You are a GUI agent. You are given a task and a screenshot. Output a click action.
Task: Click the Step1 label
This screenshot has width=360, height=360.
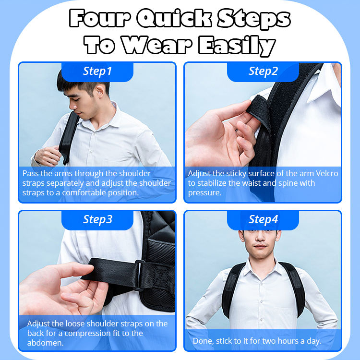click(97, 71)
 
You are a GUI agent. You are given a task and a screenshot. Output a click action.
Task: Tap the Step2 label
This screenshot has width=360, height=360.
click(263, 71)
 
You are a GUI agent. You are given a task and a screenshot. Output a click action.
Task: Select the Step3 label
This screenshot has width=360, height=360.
click(97, 219)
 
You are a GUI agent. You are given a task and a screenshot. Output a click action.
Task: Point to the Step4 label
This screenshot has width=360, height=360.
click(263, 219)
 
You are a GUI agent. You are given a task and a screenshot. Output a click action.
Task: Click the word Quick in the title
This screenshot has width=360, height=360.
click(174, 18)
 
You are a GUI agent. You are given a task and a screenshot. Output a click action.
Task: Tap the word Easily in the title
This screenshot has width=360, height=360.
click(237, 46)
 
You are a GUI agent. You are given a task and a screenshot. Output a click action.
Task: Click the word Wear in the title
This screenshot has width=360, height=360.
click(157, 45)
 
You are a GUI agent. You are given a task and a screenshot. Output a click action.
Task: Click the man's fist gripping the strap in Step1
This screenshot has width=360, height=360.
click(48, 156)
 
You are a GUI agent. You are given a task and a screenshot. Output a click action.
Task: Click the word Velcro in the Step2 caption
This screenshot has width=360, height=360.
click(327, 173)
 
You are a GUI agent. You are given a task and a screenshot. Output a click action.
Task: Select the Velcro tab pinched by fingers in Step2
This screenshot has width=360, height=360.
click(259, 110)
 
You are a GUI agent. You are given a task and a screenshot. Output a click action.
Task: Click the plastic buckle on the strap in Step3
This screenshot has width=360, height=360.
click(139, 276)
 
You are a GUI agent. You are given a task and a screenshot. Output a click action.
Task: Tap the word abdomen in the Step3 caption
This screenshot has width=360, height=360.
click(45, 343)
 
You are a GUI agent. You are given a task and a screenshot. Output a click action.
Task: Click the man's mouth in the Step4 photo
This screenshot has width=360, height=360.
click(260, 247)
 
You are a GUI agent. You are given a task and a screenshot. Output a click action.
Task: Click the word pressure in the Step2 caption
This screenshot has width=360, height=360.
click(204, 193)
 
